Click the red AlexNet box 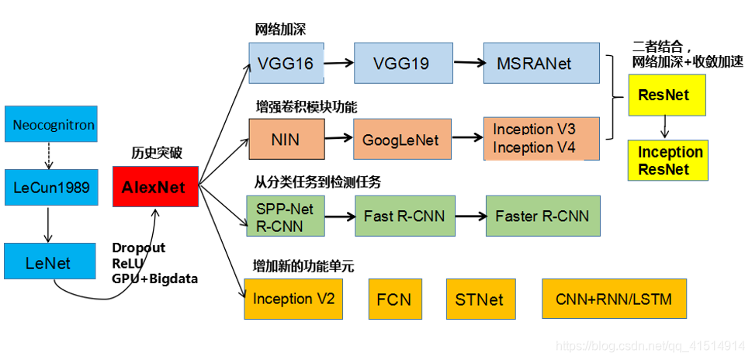pos(155,187)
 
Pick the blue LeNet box pos(49,262)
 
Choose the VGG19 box pos(400,63)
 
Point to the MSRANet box pos(541,63)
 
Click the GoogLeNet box pos(400,140)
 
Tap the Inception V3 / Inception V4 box pos(541,138)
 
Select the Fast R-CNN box pos(404,215)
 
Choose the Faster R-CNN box pos(542,215)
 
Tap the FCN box pos(394,299)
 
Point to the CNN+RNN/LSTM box pos(614,299)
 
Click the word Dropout pos(139,247)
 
